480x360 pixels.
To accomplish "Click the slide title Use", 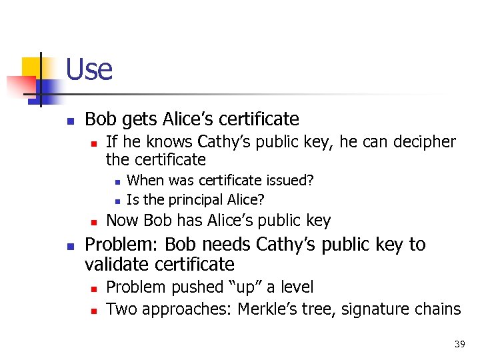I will [89, 69].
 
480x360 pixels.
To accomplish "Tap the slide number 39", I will [459, 344].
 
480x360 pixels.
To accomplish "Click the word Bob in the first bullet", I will [100, 119].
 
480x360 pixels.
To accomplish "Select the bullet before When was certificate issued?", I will [117, 181].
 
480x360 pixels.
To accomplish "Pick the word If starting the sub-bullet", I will [111, 142].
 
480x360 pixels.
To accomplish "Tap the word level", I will [294, 287].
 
